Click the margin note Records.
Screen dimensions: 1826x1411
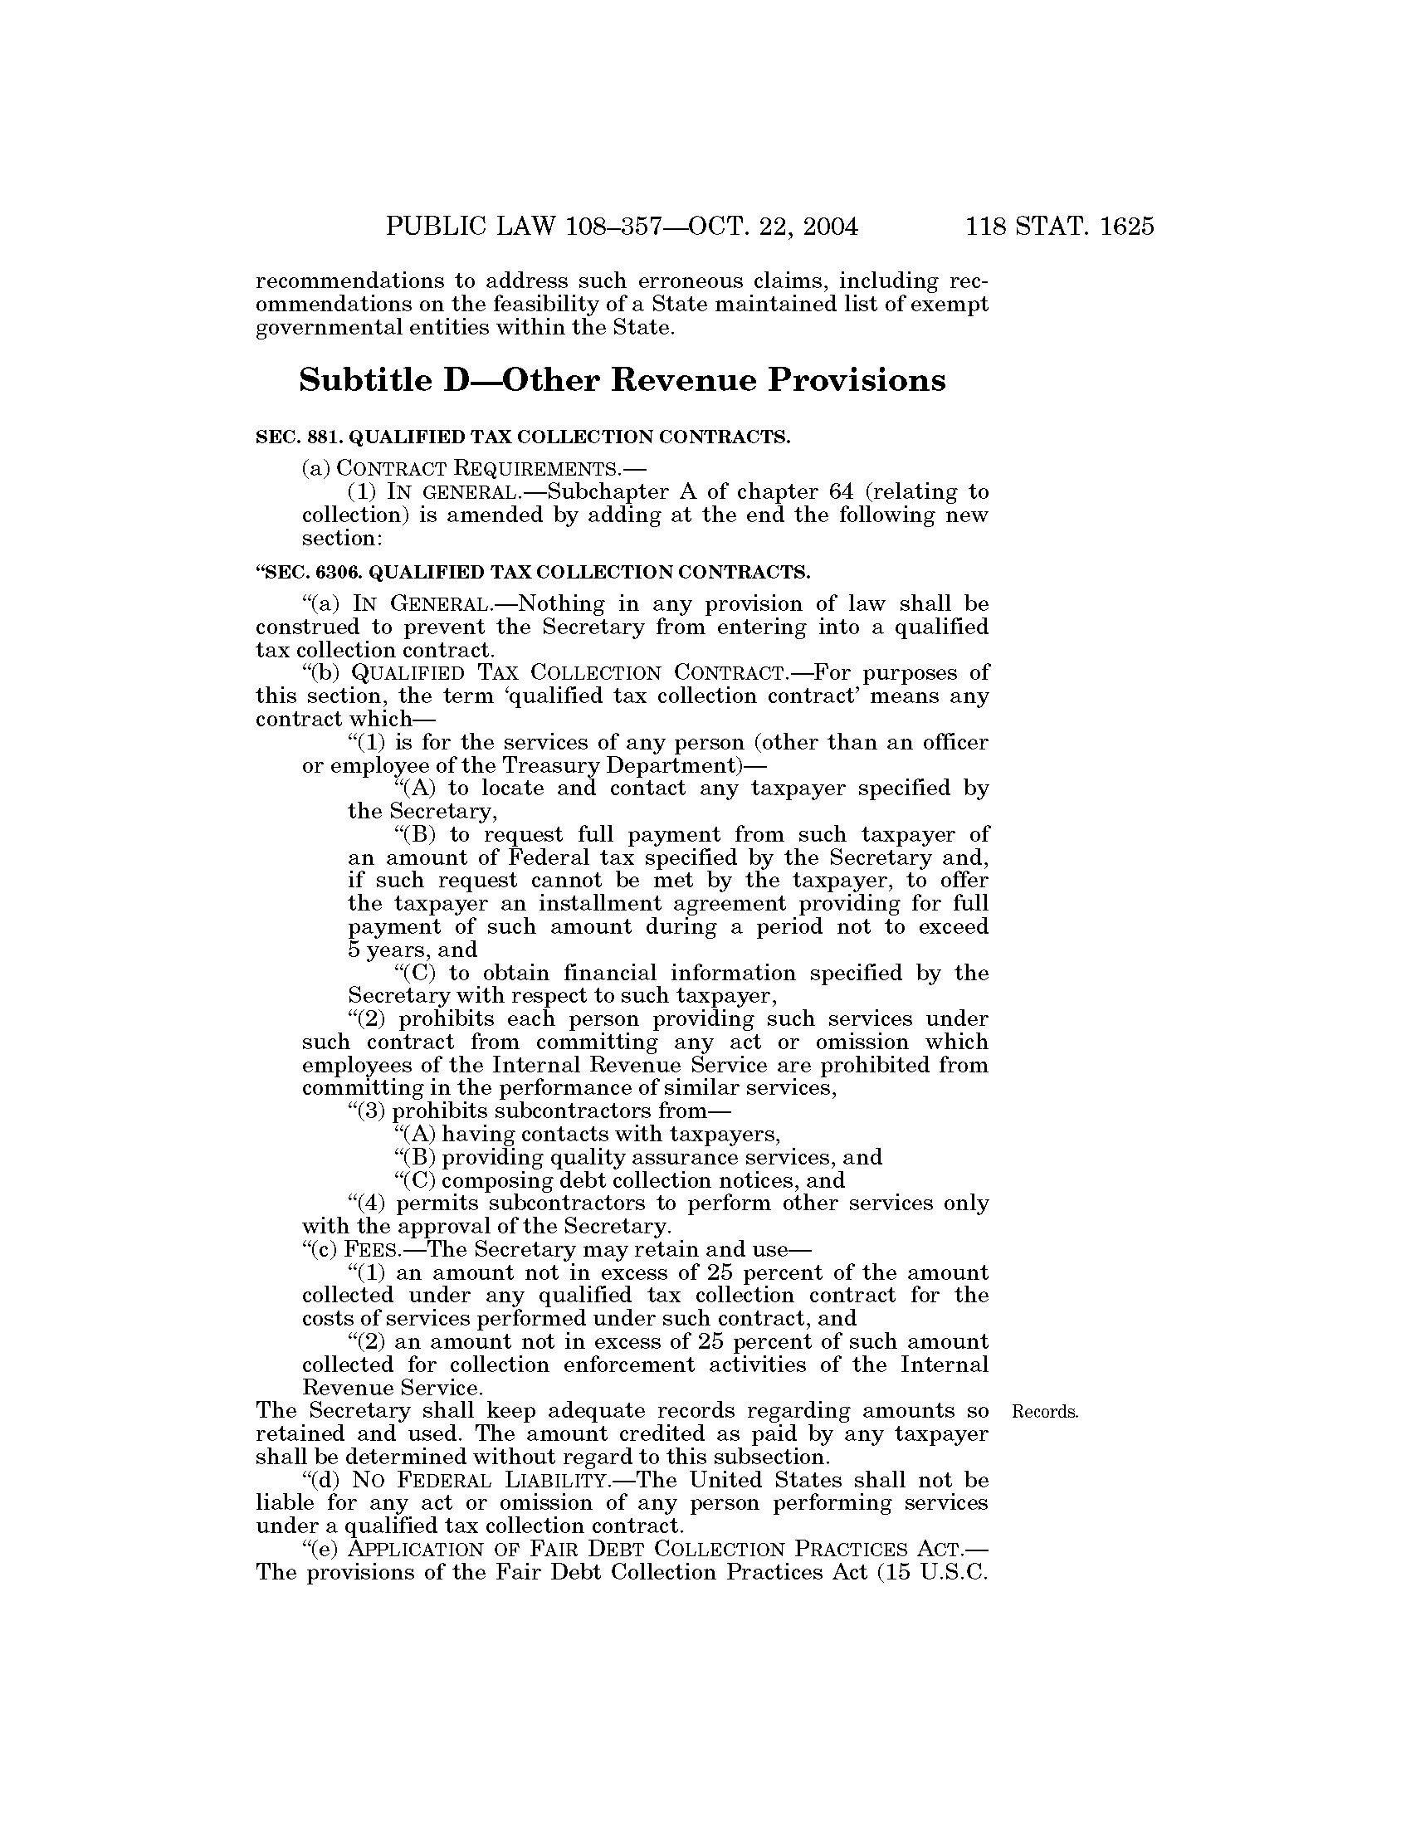(1045, 1412)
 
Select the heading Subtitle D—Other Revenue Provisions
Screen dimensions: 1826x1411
(622, 380)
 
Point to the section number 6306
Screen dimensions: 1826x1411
(338, 572)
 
